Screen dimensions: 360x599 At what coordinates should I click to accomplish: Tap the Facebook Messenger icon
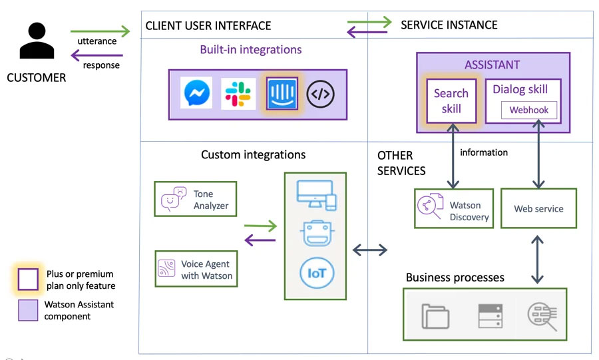(197, 94)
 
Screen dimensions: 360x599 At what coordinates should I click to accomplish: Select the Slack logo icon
(238, 94)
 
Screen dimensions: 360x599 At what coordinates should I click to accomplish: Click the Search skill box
(451, 101)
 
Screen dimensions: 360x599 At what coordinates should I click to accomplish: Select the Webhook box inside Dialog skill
(529, 110)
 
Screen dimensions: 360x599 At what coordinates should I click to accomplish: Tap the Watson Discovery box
(454, 209)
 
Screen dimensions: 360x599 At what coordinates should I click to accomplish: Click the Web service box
(538, 208)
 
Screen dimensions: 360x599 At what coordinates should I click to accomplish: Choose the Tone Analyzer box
(195, 200)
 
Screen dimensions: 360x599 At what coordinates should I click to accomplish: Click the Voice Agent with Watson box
(196, 270)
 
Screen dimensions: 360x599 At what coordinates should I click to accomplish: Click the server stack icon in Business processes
(489, 315)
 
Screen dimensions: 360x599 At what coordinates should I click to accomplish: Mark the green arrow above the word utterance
(100, 31)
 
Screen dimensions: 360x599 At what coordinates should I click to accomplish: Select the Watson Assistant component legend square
(27, 309)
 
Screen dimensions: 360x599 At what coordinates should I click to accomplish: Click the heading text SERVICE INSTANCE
(449, 25)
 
